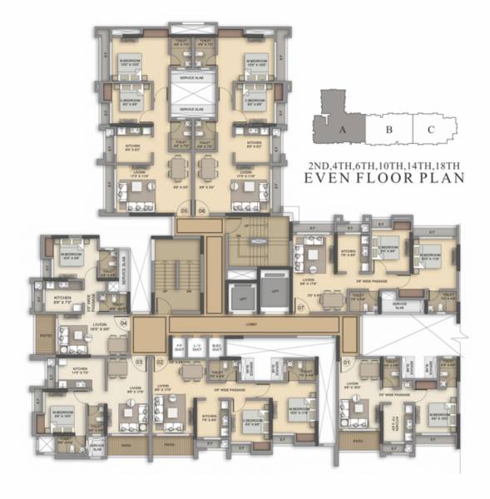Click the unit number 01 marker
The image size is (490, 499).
pos(345,363)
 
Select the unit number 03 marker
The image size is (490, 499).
pos(137,362)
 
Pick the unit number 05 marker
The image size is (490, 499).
pos(183,211)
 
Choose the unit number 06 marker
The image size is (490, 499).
pos(202,211)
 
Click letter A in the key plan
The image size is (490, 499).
pos(342,129)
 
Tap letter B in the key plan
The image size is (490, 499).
pos(389,129)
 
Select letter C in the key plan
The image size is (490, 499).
pos(430,129)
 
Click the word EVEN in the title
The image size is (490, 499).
pos(334,176)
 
